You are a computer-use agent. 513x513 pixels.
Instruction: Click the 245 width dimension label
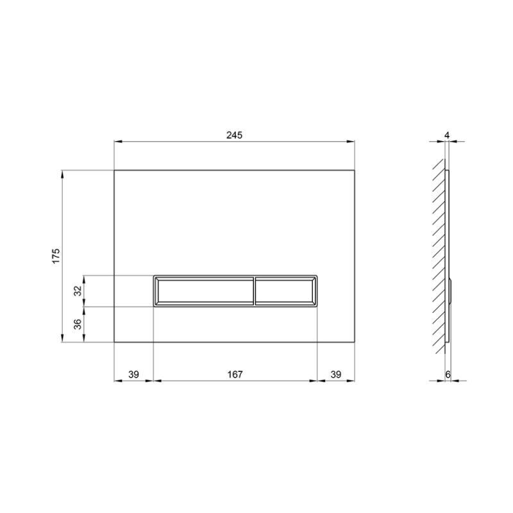pos(234,135)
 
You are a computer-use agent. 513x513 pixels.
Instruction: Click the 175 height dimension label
pos(56,256)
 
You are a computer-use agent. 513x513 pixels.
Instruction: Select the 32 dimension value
pos(78,290)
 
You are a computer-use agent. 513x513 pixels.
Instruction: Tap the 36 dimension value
pos(78,324)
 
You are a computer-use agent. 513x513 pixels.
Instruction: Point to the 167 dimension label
pos(235,374)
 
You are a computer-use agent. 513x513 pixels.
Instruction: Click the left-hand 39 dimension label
pos(133,374)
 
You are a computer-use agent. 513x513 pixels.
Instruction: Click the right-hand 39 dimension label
pos(335,374)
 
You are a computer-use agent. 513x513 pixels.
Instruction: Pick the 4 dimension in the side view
pos(447,135)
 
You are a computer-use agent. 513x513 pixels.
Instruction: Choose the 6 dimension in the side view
pos(448,374)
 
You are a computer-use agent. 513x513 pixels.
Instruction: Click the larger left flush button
pos(204,291)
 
